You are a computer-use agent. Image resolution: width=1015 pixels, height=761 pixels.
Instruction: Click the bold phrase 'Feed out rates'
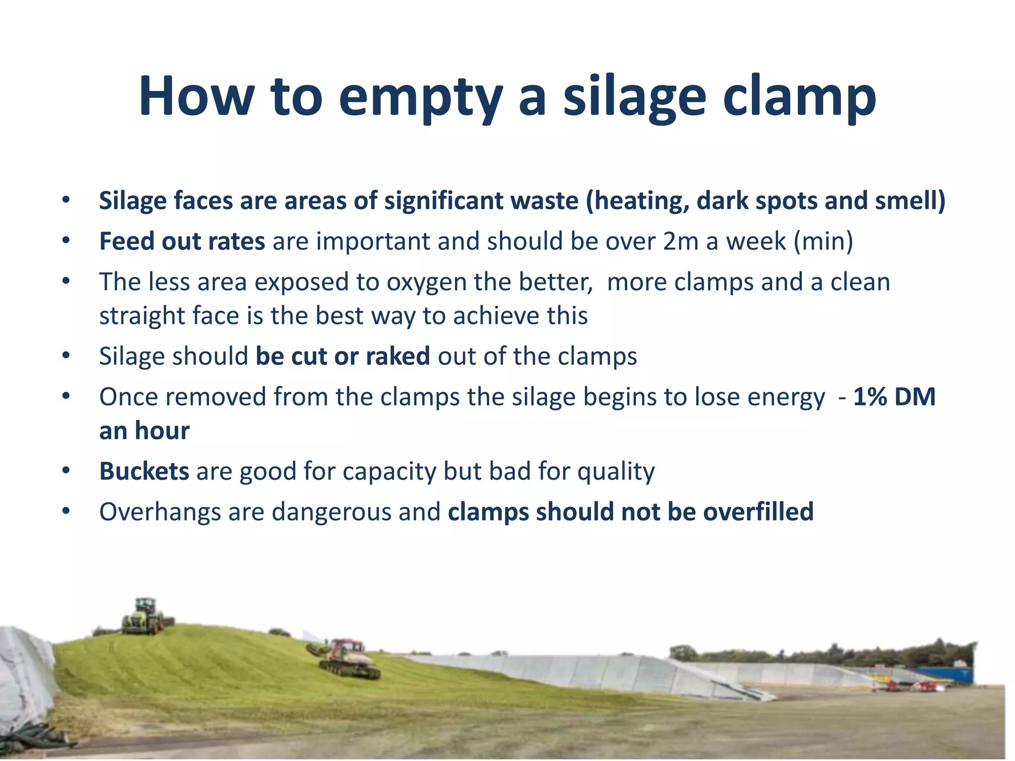tap(182, 241)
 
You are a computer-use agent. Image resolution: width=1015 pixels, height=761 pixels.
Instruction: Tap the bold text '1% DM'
tap(894, 397)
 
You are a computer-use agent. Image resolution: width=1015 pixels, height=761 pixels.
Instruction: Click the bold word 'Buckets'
tap(144, 471)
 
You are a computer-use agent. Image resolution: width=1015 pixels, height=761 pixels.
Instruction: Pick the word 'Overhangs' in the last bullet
tap(160, 512)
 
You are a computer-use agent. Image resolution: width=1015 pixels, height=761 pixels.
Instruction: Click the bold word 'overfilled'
tap(758, 512)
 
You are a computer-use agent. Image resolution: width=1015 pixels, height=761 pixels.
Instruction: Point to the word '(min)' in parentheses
tap(823, 241)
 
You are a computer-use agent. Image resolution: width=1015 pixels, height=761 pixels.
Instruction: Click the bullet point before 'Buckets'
tap(66, 471)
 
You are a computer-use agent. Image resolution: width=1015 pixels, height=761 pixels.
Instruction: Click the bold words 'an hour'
tap(144, 431)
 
